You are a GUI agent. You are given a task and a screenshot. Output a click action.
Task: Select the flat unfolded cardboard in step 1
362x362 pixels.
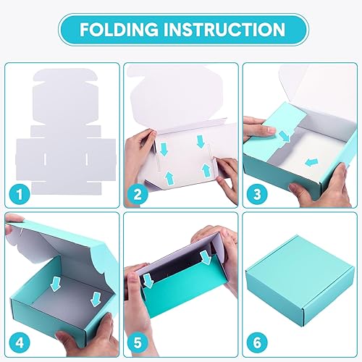point(62,130)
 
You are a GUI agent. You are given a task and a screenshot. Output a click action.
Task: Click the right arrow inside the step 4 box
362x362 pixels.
point(94,299)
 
